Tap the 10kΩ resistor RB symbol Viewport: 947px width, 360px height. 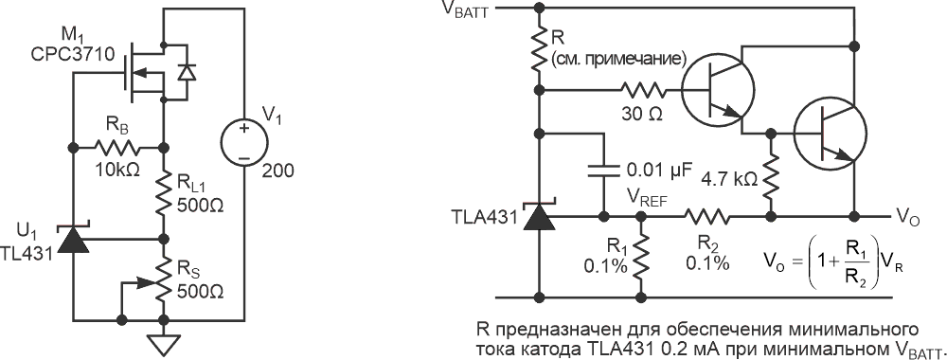pyautogui.click(x=117, y=147)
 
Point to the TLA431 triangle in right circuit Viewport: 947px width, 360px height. pyautogui.click(x=540, y=216)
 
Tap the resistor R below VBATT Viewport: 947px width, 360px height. pyautogui.click(x=540, y=47)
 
